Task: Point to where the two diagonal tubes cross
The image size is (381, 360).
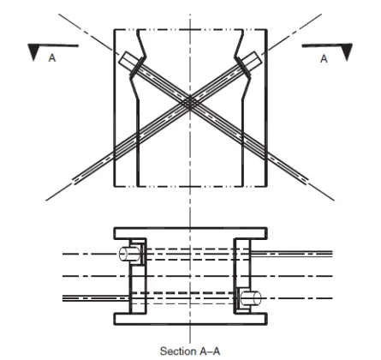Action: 190,101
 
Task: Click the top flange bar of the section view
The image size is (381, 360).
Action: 189,232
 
